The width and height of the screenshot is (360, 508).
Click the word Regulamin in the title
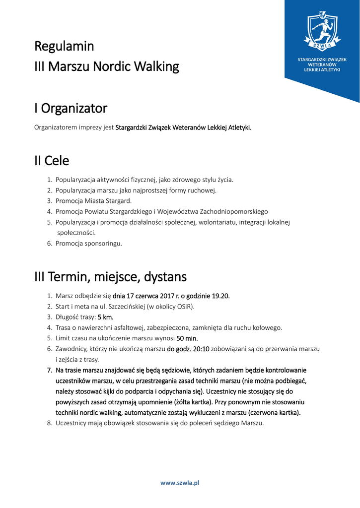click(64, 47)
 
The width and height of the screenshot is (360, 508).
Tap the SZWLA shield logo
click(322, 31)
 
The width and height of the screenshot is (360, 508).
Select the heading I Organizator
click(71, 108)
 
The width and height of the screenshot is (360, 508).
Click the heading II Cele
click(52, 161)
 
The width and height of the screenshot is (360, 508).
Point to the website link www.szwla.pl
click(179, 483)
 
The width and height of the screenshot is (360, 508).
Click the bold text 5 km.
click(106, 317)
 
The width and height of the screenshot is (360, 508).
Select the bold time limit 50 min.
click(187, 338)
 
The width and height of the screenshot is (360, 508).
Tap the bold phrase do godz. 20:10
click(188, 349)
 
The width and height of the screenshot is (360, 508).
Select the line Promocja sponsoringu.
click(89, 244)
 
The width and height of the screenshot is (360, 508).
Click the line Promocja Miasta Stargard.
click(93, 201)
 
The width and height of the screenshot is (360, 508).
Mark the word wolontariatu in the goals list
click(216, 222)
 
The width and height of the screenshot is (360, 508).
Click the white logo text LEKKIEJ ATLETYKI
click(322, 70)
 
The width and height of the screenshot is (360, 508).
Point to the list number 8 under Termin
click(50, 423)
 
